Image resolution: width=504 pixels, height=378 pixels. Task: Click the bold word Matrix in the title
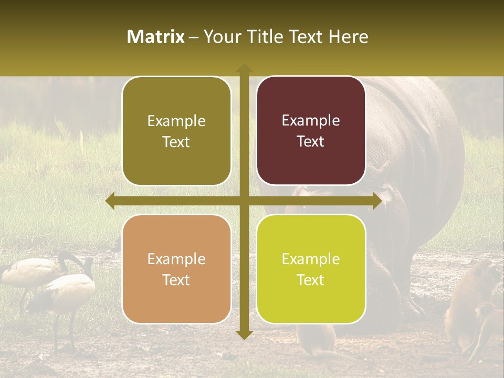click(156, 37)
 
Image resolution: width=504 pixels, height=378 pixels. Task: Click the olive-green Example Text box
click(176, 131)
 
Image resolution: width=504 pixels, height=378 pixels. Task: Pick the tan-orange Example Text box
click(176, 269)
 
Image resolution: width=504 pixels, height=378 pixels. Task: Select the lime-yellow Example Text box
click(311, 269)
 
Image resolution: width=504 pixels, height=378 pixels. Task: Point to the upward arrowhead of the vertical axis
click(244, 68)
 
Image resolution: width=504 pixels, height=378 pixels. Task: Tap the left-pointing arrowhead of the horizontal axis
click(111, 201)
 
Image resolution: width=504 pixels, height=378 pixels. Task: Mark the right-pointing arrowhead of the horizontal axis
click(376, 201)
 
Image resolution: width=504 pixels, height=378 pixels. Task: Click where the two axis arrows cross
click(244, 201)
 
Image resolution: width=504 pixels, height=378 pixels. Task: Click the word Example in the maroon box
click(311, 120)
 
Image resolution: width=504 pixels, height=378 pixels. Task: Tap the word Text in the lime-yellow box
click(311, 280)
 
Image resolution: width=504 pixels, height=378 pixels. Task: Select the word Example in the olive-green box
click(176, 121)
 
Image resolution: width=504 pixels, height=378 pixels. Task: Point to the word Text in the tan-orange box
click(176, 280)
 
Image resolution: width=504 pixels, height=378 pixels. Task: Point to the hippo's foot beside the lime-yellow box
click(409, 307)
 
